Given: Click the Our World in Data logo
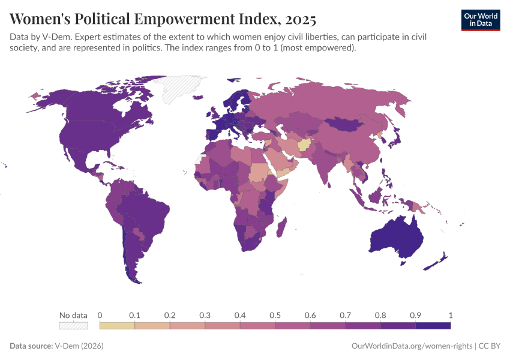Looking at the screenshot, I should [x=480, y=20].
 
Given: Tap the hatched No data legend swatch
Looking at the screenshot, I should [x=73, y=325].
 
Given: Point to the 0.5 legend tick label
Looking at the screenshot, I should [x=275, y=315].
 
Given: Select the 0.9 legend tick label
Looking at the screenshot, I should [x=415, y=315].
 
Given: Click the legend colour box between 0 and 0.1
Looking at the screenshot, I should [x=117, y=325].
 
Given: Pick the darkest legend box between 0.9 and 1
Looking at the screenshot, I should [x=433, y=325].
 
